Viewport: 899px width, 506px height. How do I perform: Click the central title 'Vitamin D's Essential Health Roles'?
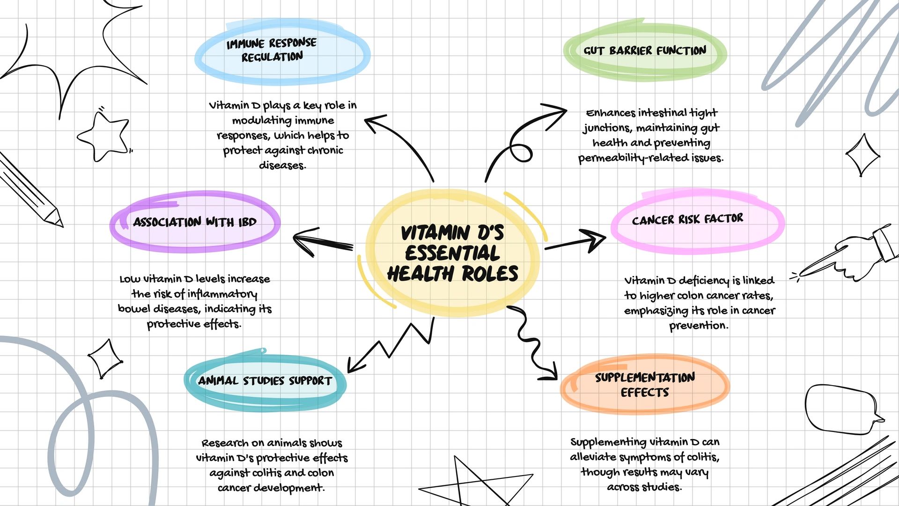(x=452, y=253)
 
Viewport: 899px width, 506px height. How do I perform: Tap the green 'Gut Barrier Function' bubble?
(x=645, y=51)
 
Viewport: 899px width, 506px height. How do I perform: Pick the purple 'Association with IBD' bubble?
(x=195, y=222)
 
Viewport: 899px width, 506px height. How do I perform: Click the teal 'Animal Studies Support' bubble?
(x=265, y=380)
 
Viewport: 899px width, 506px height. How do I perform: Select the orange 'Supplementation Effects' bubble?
(x=645, y=385)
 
